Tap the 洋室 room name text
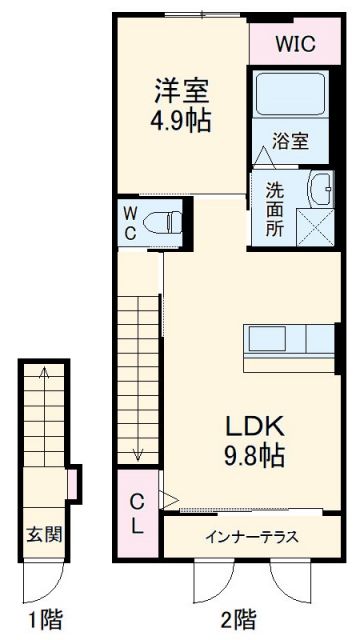pos(180,90)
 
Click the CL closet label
pos(138,513)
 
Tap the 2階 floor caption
pos(237,617)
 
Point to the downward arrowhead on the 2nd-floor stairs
pos(138,456)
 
